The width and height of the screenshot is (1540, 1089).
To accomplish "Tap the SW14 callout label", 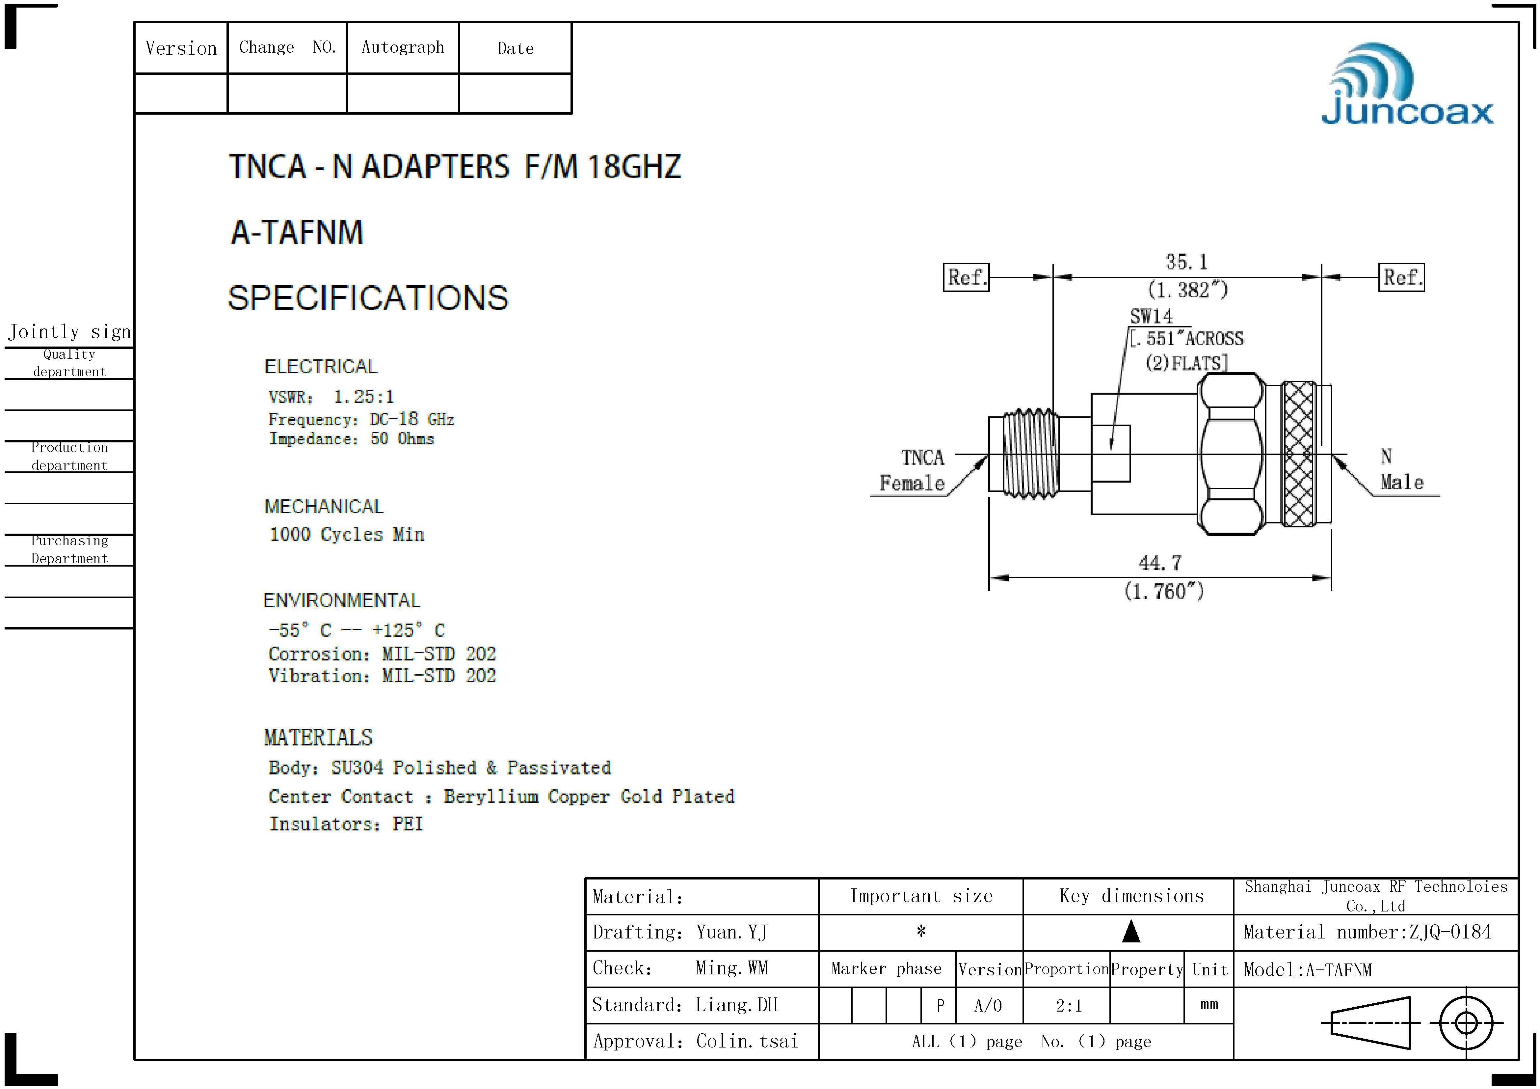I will [x=1151, y=316].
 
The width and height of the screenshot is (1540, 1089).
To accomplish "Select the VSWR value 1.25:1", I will [x=363, y=397].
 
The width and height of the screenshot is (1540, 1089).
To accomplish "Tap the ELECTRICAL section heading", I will [x=321, y=366].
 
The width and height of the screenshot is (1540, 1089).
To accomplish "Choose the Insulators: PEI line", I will [x=346, y=824].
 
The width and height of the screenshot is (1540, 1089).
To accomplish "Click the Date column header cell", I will [x=515, y=48].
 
